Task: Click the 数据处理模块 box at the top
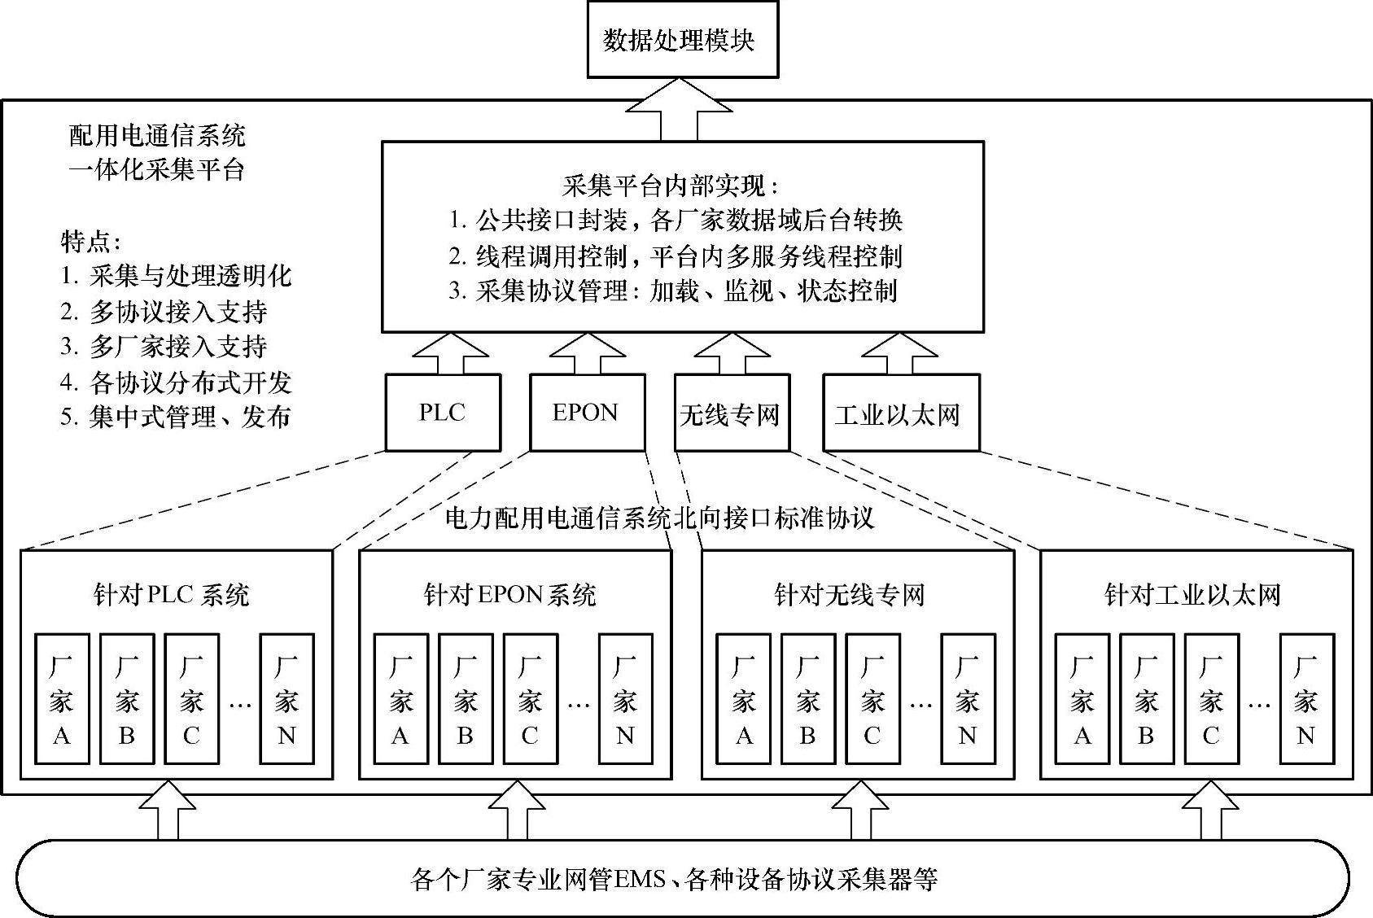(682, 40)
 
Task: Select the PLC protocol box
(443, 413)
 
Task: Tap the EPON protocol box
(587, 413)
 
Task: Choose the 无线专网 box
(731, 413)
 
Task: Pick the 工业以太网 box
(900, 413)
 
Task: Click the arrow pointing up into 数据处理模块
(679, 111)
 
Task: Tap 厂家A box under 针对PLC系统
(62, 699)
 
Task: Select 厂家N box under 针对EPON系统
(625, 699)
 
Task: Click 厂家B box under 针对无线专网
(807, 699)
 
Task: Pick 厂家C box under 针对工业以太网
(1211, 699)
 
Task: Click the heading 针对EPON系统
(510, 595)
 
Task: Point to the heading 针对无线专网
(849, 595)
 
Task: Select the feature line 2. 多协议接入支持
(164, 312)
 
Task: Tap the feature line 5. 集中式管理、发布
(175, 417)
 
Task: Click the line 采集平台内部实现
(671, 186)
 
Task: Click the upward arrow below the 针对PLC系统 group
(168, 811)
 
